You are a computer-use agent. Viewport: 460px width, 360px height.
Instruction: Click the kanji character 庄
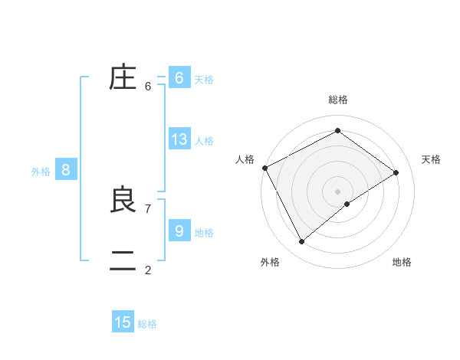(123, 78)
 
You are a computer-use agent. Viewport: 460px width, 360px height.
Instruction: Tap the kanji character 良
(123, 200)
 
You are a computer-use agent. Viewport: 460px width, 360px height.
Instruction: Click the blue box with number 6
(179, 78)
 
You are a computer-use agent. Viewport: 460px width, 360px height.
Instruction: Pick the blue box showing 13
(179, 139)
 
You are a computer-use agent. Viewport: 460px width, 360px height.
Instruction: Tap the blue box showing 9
(179, 231)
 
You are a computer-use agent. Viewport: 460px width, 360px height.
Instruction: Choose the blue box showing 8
(65, 170)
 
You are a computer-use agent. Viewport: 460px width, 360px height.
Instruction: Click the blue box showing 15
(123, 322)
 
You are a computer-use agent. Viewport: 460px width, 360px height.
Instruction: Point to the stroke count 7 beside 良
(148, 208)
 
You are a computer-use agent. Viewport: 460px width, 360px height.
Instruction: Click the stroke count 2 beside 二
(148, 270)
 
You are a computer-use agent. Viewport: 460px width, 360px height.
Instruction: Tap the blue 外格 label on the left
(41, 172)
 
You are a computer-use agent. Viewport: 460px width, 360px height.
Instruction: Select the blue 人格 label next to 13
(204, 141)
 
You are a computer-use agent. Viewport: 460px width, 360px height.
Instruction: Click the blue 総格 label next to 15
(147, 324)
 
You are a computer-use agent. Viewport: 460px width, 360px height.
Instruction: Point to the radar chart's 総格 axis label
(337, 100)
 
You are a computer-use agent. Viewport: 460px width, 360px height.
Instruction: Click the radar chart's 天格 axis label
(432, 159)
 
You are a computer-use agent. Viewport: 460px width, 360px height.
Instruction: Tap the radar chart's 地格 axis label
(402, 262)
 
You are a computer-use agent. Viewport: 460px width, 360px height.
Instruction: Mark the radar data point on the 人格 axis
(264, 168)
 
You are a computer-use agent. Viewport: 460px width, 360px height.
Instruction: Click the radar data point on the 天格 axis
(396, 172)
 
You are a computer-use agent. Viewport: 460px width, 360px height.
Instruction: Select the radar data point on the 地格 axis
(347, 204)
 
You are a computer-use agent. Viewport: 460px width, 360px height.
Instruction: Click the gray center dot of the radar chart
(337, 191)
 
